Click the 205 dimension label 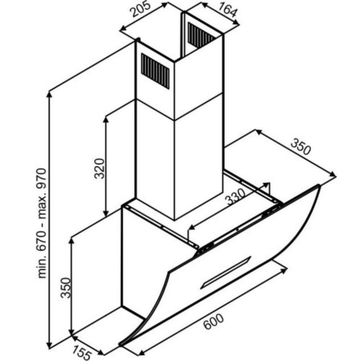[140, 9]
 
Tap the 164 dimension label [227, 10]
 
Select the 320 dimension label [100, 168]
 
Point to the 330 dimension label [236, 196]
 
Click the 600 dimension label [214, 321]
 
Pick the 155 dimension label [82, 353]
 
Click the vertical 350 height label [66, 288]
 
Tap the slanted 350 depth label [300, 147]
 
